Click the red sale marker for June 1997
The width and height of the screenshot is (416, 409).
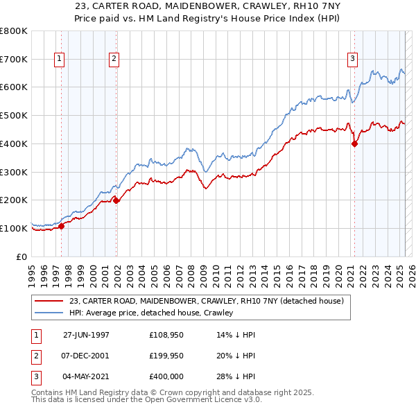[61, 225]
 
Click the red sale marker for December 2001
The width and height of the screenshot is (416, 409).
[116, 200]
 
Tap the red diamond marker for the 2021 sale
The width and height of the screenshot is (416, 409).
[354, 144]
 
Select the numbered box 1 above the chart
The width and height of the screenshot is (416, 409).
[59, 60]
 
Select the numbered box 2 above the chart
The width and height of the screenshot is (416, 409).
[113, 60]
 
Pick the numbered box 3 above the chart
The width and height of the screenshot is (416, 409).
[352, 60]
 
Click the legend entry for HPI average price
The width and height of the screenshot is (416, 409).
[150, 313]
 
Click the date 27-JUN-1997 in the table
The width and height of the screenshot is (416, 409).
[86, 333]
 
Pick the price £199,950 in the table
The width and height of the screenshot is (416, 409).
[166, 356]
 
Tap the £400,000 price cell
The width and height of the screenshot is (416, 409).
[166, 378]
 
